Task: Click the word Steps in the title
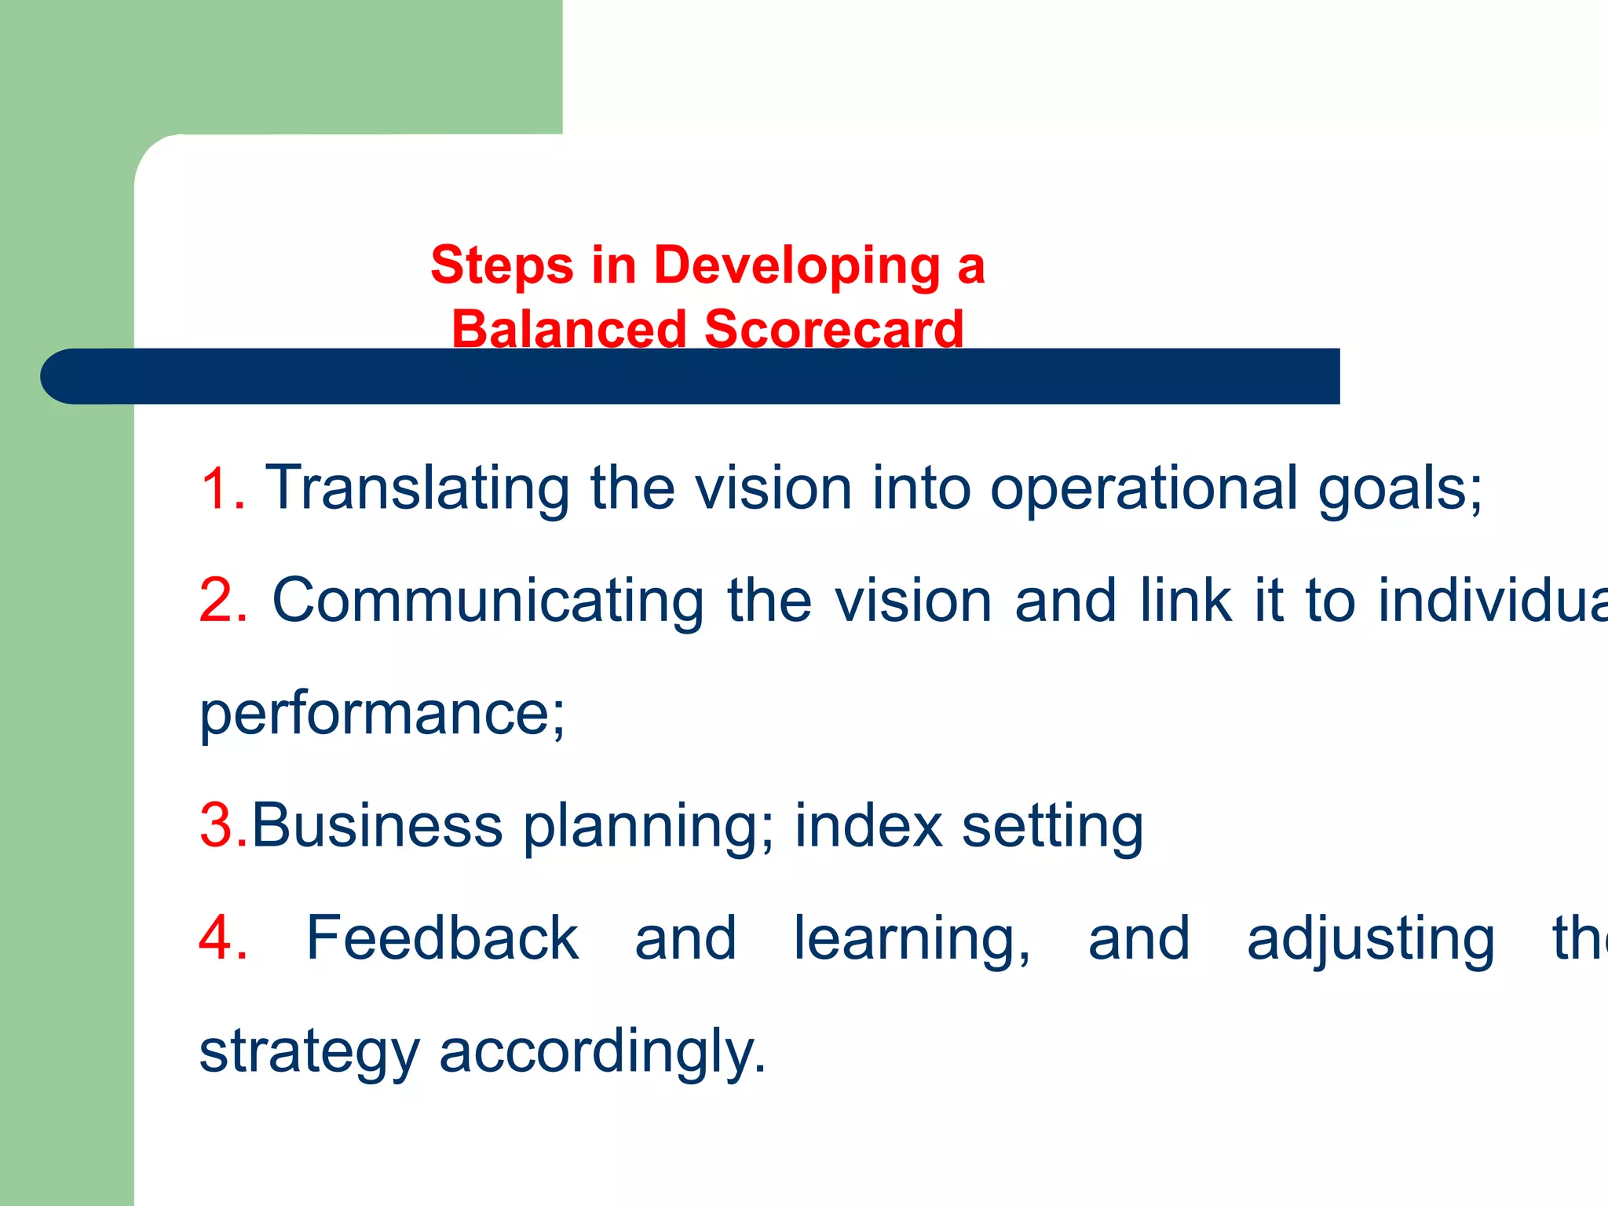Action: pos(502,265)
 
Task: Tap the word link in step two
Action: pos(1185,601)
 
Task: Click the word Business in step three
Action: pos(376,826)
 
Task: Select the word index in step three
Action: pos(868,826)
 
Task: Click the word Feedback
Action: pos(442,938)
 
